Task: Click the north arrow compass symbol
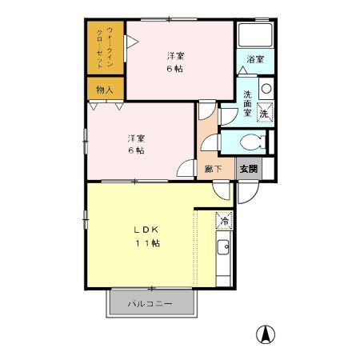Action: [266, 334]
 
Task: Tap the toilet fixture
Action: [253, 142]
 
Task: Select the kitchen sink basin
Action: [223, 247]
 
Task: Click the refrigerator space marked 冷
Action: [224, 221]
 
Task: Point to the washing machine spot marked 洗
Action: [265, 113]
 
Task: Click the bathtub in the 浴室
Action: [255, 35]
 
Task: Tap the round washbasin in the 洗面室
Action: [266, 89]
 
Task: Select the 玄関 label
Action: [249, 169]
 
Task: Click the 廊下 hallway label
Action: [213, 169]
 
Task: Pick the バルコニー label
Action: [150, 304]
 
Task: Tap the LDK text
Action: [146, 230]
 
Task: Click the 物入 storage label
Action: [105, 90]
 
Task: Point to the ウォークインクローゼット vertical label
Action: [105, 48]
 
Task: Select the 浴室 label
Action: [255, 59]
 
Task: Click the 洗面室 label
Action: [247, 103]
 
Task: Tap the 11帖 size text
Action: [148, 243]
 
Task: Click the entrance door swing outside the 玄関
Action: [248, 193]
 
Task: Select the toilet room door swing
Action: [210, 142]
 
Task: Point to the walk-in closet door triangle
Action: [132, 42]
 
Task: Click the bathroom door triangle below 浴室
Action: [242, 70]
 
